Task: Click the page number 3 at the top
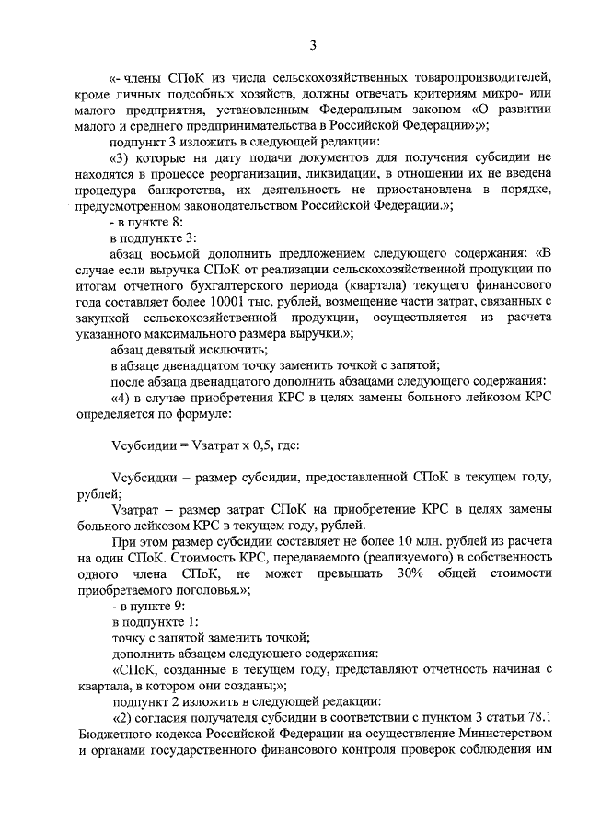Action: pos(313,45)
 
